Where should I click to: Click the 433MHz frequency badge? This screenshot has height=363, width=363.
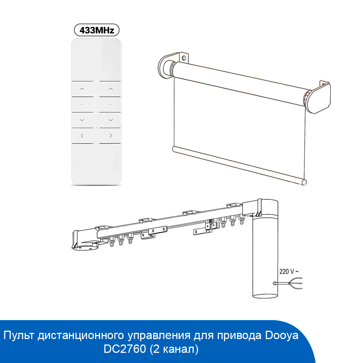[x=97, y=30]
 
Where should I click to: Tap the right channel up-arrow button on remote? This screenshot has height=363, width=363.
[x=111, y=89]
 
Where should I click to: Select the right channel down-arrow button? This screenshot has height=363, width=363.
[x=111, y=120]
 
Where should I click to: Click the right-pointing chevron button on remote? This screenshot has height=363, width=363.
[x=111, y=136]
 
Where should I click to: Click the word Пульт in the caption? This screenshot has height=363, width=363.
[x=18, y=335]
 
